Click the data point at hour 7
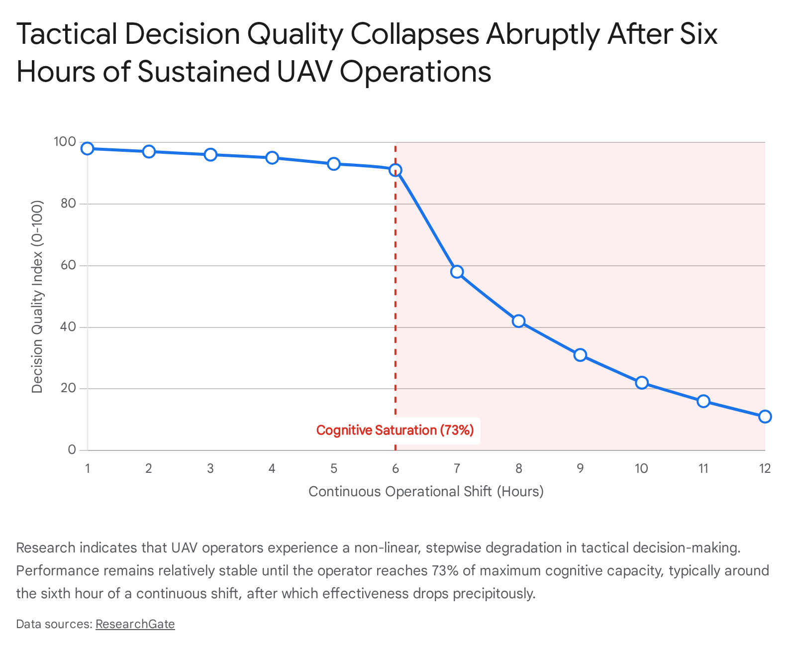(x=457, y=272)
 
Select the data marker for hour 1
(x=88, y=148)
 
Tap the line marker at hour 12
(x=765, y=417)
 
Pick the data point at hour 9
(x=580, y=355)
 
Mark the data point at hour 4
(x=272, y=158)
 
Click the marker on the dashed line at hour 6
(x=395, y=170)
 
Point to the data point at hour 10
(x=642, y=383)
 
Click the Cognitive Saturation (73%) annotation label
(x=395, y=430)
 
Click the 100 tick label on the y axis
(x=65, y=142)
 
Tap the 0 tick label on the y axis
(x=72, y=450)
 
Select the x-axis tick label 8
(x=518, y=468)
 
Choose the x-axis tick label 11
(x=703, y=468)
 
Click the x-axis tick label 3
(x=210, y=468)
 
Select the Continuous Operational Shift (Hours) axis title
(x=426, y=492)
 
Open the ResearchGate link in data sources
(x=135, y=624)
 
